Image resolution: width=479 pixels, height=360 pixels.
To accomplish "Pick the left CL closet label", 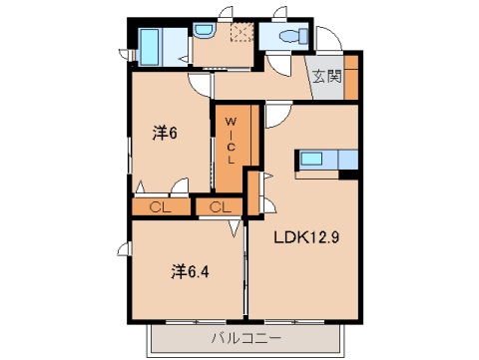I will (160, 207).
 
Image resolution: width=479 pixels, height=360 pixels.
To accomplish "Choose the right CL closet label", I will (221, 207).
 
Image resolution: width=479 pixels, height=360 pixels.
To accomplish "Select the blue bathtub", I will (151, 46).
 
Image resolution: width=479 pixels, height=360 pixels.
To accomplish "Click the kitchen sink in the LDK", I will (313, 160).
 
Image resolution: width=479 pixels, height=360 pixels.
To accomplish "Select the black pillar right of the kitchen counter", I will (349, 176).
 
